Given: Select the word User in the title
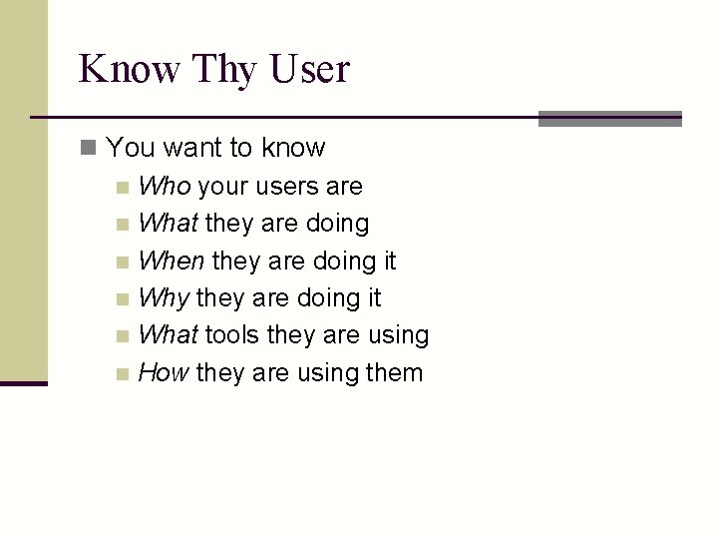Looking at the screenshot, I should [x=311, y=69].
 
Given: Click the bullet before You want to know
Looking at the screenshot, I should [x=89, y=149].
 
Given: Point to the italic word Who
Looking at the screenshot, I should [x=165, y=186].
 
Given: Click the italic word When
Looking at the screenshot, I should [x=172, y=261].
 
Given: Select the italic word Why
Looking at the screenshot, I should [x=165, y=297].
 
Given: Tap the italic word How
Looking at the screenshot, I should [x=164, y=372].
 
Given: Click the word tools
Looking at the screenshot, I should [x=234, y=334].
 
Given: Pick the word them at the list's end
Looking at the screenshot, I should [x=394, y=372].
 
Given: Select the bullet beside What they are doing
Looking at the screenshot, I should [x=122, y=225].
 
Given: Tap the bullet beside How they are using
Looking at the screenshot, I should [x=122, y=374].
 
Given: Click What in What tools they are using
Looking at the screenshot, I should [x=169, y=334].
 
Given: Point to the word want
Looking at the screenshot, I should [x=192, y=148].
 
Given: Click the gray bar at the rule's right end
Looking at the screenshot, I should [x=609, y=119].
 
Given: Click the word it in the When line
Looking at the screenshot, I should [x=388, y=261].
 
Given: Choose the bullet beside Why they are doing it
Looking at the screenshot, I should [x=122, y=299].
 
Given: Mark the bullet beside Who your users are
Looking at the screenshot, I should [x=122, y=188].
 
